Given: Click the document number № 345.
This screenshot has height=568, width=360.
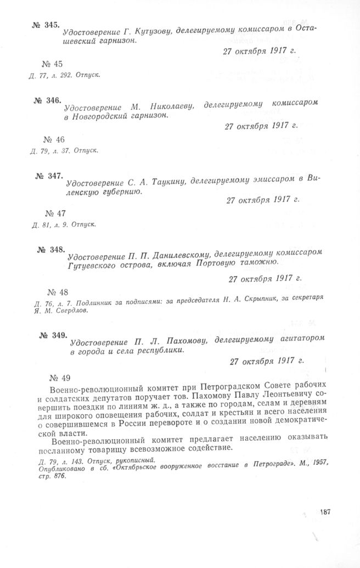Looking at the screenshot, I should tap(44, 26).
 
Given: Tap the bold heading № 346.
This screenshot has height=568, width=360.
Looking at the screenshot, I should tap(46, 100).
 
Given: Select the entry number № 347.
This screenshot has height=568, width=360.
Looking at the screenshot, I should tap(48, 176).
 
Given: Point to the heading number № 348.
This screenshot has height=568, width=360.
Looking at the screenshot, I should tap(51, 250).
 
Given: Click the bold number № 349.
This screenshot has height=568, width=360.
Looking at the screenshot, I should tap(53, 335).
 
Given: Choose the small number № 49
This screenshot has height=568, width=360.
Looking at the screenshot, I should tap(61, 376).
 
